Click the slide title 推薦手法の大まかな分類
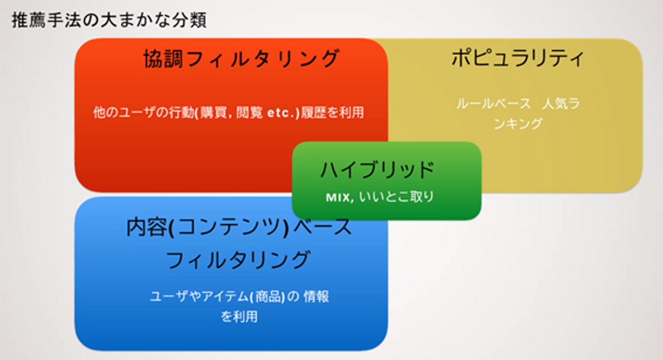click(x=109, y=20)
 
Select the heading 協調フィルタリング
click(x=241, y=58)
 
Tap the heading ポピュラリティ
click(x=518, y=58)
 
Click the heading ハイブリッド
click(x=378, y=170)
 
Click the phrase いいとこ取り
click(x=396, y=197)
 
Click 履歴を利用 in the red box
click(x=332, y=112)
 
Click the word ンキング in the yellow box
click(x=518, y=123)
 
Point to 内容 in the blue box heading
click(x=146, y=227)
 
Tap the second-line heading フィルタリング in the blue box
click(x=238, y=260)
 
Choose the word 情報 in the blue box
click(x=316, y=296)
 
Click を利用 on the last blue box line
click(x=239, y=316)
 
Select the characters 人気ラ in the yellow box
click(x=561, y=104)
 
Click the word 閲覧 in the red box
click(x=249, y=112)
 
